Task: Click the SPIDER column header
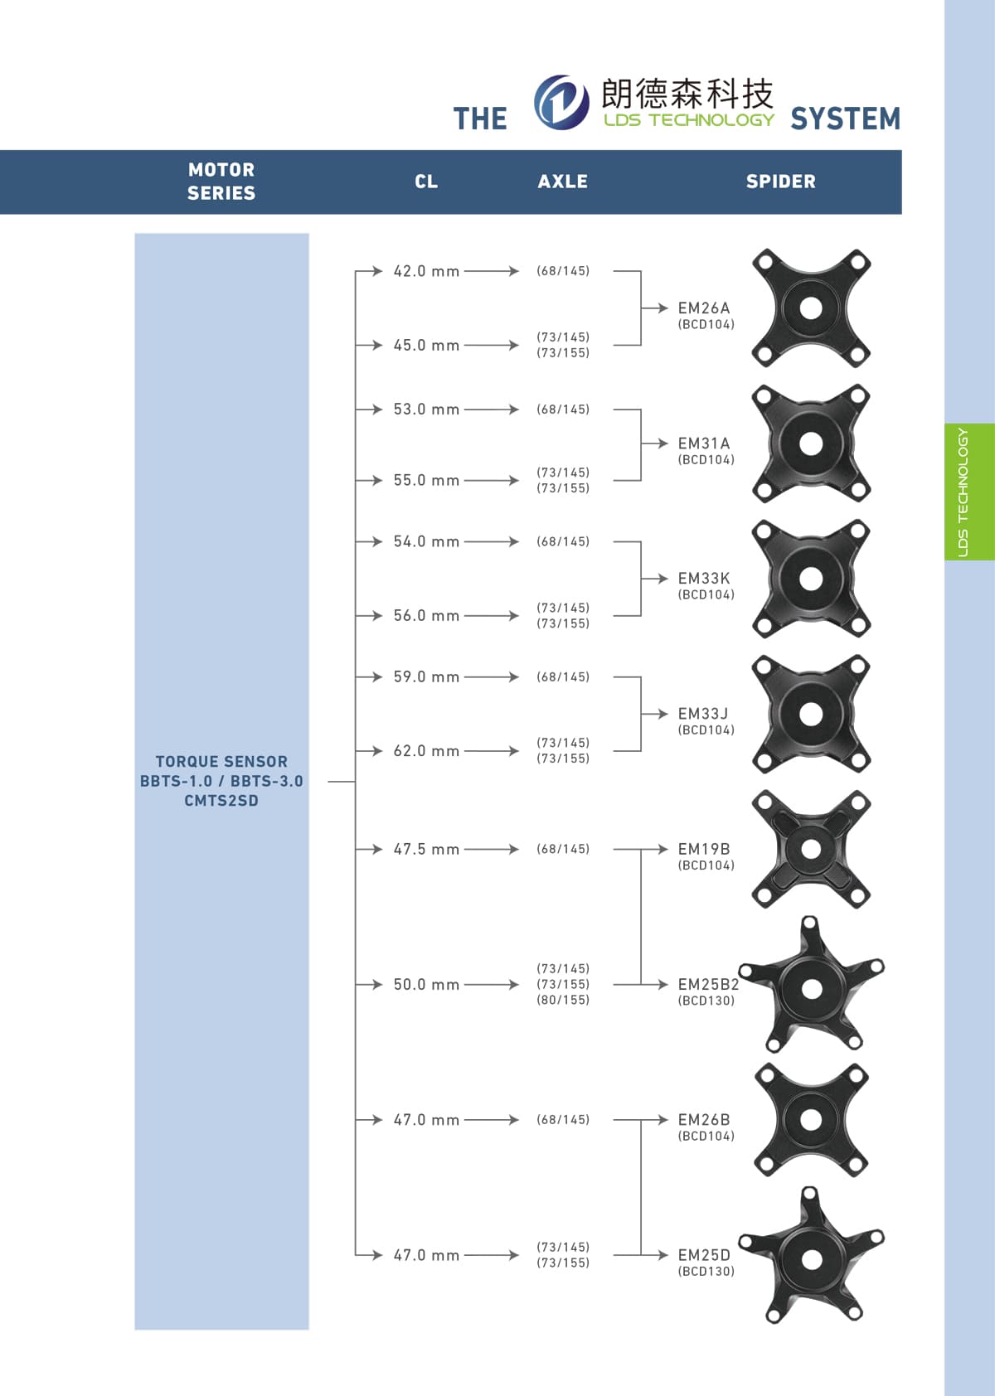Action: [x=780, y=182]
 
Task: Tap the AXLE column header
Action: [x=562, y=182]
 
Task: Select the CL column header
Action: [x=426, y=182]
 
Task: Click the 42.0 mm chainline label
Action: [x=426, y=271]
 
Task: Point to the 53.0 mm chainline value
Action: [x=426, y=410]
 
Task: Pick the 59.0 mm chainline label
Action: [x=426, y=676]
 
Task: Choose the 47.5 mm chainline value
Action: [x=426, y=849]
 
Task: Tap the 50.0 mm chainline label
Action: [x=426, y=985]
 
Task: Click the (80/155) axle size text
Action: [x=563, y=1001]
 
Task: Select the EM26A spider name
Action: [x=703, y=308]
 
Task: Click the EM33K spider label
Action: [x=703, y=579]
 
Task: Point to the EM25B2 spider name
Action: [x=708, y=985]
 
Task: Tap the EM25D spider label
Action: [x=703, y=1255]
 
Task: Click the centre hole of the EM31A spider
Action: [x=810, y=444]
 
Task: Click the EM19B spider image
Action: [x=810, y=849]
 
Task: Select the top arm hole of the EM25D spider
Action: [x=809, y=1195]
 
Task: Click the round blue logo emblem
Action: [x=561, y=102]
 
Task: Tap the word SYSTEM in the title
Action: [x=846, y=119]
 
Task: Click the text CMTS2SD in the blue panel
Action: [x=221, y=801]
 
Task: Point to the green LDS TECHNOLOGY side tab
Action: [x=969, y=492]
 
